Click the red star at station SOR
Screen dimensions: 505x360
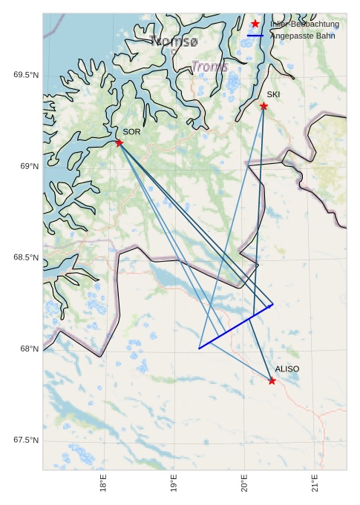(120, 142)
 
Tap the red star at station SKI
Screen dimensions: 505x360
(264, 106)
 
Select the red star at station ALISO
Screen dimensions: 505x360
(272, 380)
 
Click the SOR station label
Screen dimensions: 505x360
(131, 131)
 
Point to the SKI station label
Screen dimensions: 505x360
(273, 94)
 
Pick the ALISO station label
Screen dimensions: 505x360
(287, 369)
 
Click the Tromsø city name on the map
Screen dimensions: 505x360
(174, 41)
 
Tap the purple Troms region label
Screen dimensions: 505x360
(209, 67)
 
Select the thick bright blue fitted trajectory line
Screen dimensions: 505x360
(236, 326)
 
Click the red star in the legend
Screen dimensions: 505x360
(255, 24)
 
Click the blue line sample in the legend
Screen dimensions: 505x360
(255, 36)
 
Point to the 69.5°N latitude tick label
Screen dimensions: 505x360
(26, 75)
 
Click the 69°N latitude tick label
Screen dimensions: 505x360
(29, 166)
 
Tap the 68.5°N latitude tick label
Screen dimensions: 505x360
(26, 257)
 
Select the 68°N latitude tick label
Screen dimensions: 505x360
(29, 349)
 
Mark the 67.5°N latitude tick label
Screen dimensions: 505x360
(26, 440)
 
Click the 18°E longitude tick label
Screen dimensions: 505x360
(103, 484)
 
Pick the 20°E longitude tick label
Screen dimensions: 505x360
(244, 484)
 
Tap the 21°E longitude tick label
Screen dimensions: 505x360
(315, 484)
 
